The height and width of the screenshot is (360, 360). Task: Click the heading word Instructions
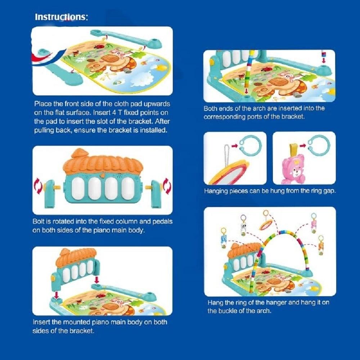61,17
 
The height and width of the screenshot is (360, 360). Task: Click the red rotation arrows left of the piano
38,185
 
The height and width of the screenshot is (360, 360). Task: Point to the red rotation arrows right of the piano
167,186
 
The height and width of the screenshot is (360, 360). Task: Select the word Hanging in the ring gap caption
216,191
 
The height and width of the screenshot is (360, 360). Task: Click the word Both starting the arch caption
210,108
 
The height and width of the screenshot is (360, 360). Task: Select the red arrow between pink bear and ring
303,145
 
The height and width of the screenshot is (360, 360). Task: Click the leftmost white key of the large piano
78,189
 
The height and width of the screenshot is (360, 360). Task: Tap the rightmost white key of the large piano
128,188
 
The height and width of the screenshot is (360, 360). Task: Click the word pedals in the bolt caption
161,221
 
